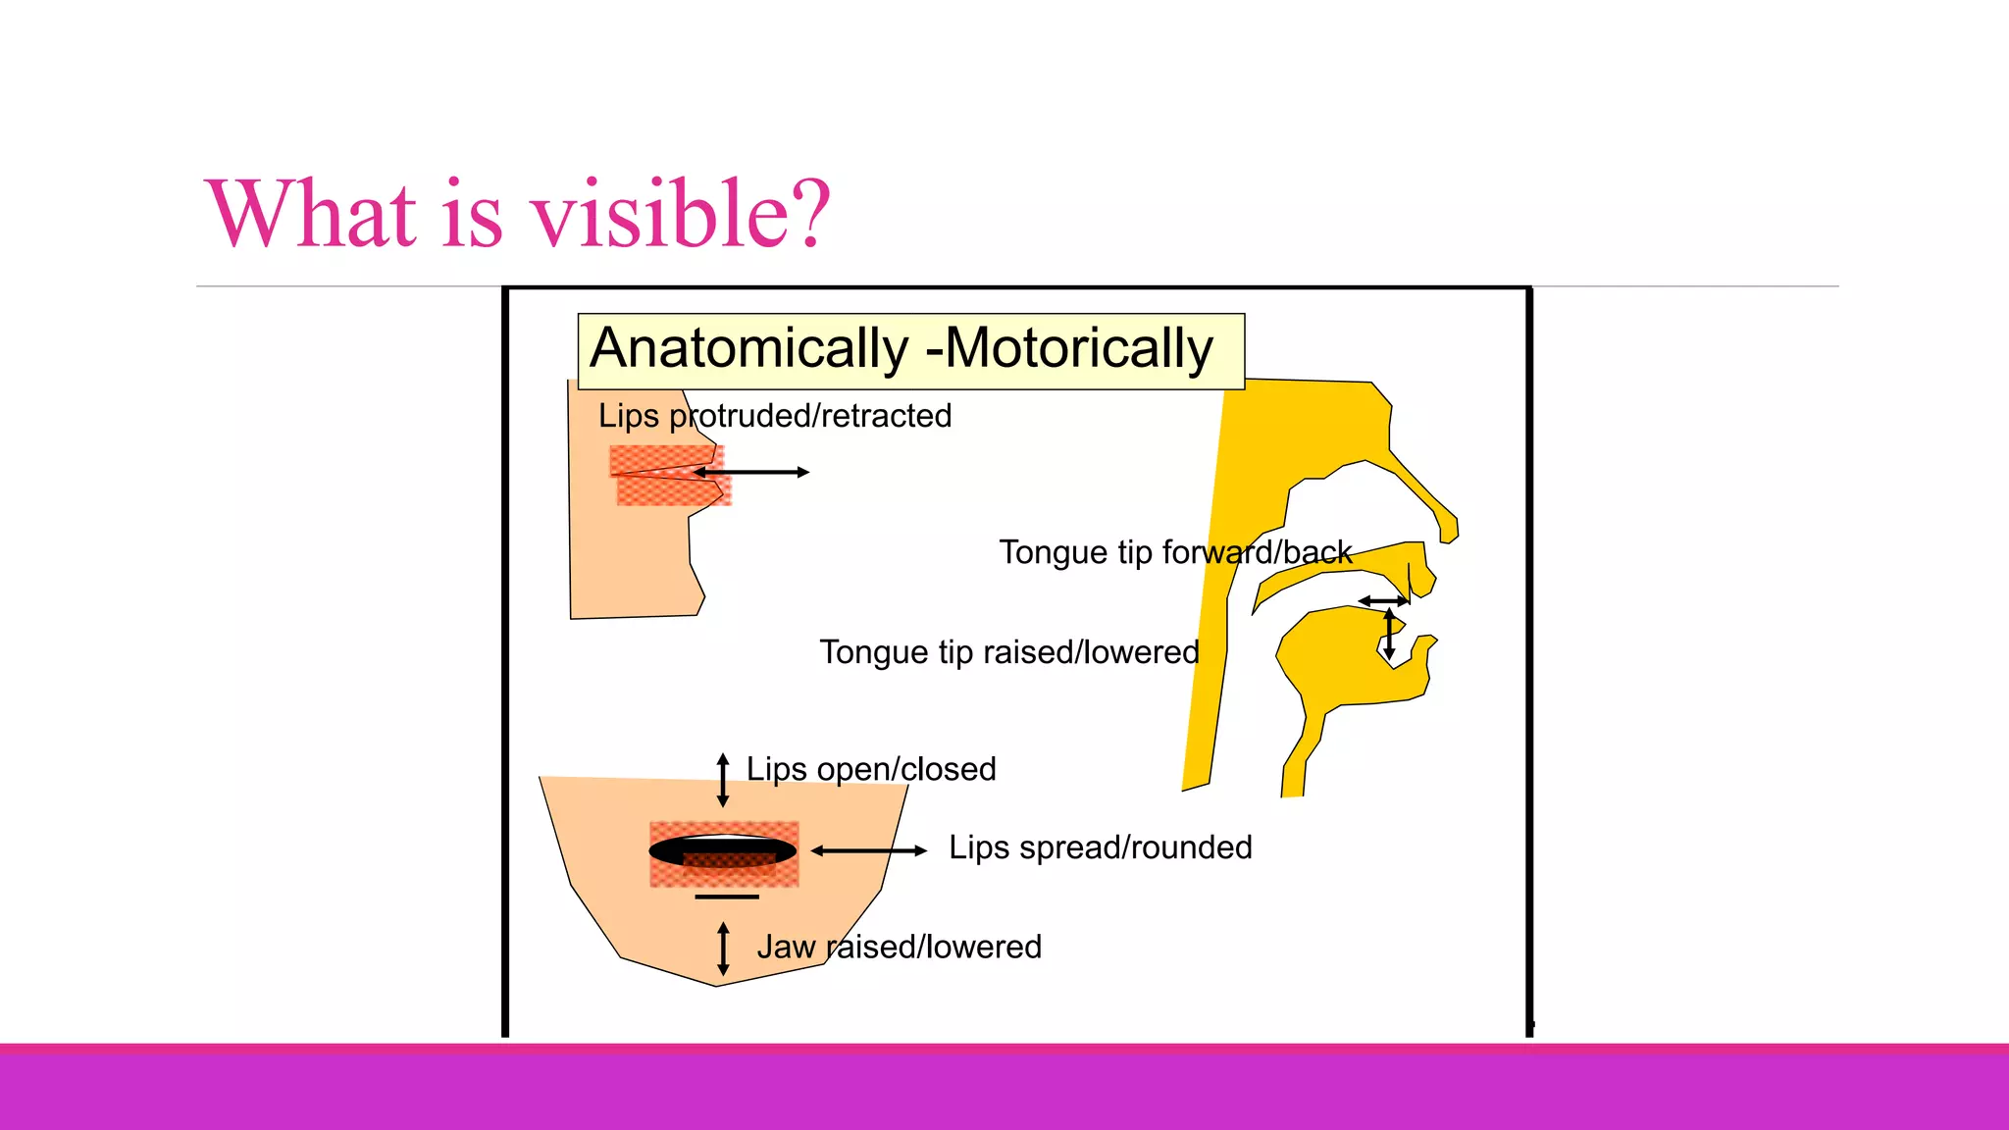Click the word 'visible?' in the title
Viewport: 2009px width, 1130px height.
point(680,214)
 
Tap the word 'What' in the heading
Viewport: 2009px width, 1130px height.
point(312,214)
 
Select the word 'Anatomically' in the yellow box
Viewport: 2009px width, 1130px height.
point(750,349)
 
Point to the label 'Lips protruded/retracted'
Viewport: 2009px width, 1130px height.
point(775,416)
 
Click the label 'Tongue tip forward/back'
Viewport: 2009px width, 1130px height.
point(1175,552)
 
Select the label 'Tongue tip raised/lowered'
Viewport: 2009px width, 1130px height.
point(1009,652)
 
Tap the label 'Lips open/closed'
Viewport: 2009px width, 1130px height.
point(871,769)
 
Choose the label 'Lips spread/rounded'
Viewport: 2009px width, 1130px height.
point(1100,847)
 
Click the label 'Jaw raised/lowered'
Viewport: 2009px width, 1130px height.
point(899,948)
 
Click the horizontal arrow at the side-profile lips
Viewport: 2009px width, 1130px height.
point(752,473)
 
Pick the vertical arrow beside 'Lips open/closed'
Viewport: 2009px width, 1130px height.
point(723,780)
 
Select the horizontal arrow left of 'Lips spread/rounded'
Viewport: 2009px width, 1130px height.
point(869,850)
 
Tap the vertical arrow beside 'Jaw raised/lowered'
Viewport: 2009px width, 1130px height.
point(723,949)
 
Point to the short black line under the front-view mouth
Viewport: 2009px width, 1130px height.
point(727,897)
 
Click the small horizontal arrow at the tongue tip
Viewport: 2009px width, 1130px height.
point(1383,600)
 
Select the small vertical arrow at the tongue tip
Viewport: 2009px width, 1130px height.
point(1389,634)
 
